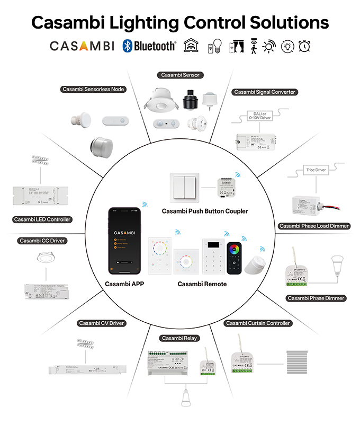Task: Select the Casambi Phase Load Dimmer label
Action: [314, 226]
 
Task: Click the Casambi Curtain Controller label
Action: [258, 323]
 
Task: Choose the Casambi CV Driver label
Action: [102, 323]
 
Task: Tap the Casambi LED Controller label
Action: [42, 219]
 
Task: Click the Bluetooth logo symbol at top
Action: [127, 46]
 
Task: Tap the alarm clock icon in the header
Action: [304, 46]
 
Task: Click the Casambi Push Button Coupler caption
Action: [205, 211]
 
